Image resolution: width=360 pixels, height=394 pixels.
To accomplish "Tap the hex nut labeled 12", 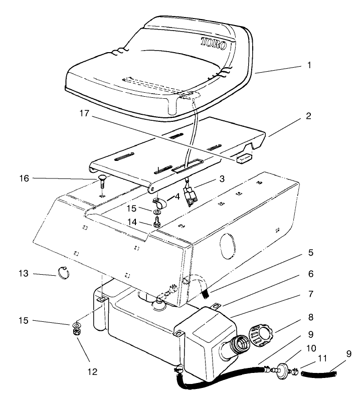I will [x=78, y=331].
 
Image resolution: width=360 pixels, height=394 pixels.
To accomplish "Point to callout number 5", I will [x=309, y=253].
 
